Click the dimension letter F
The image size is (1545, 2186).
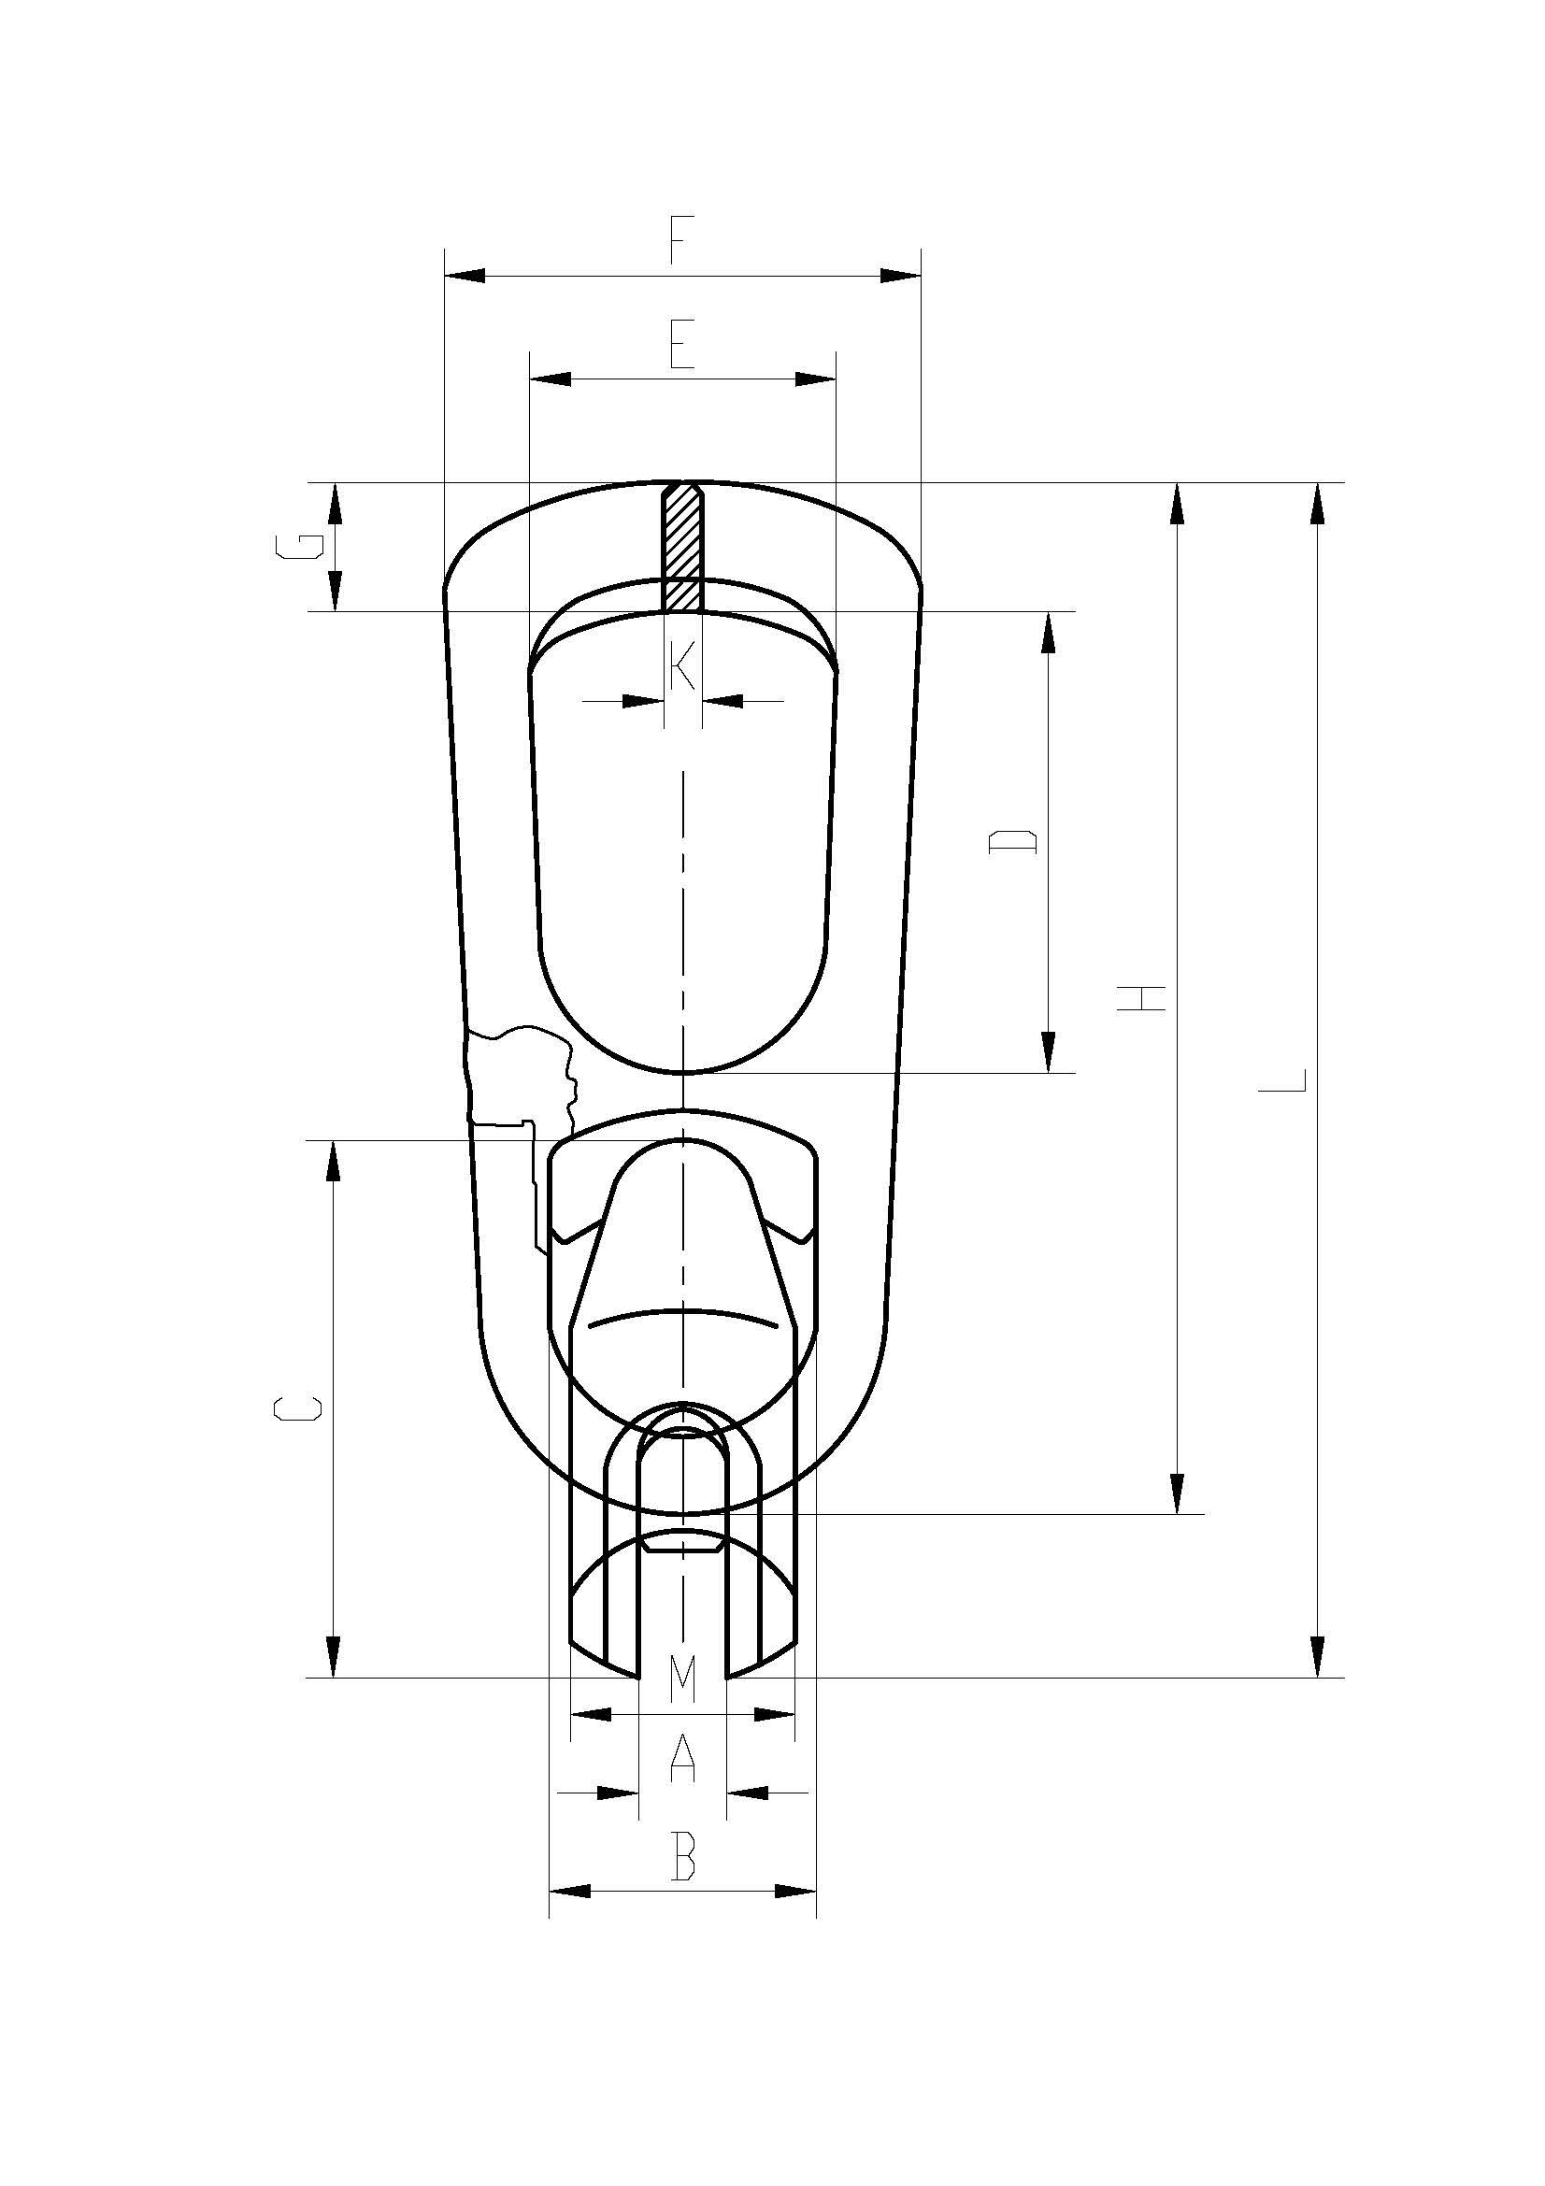(x=677, y=240)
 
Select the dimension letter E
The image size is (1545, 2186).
(x=681, y=345)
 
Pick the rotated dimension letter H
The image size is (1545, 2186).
(x=1140, y=998)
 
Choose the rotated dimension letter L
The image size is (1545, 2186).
(x=1282, y=1079)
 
